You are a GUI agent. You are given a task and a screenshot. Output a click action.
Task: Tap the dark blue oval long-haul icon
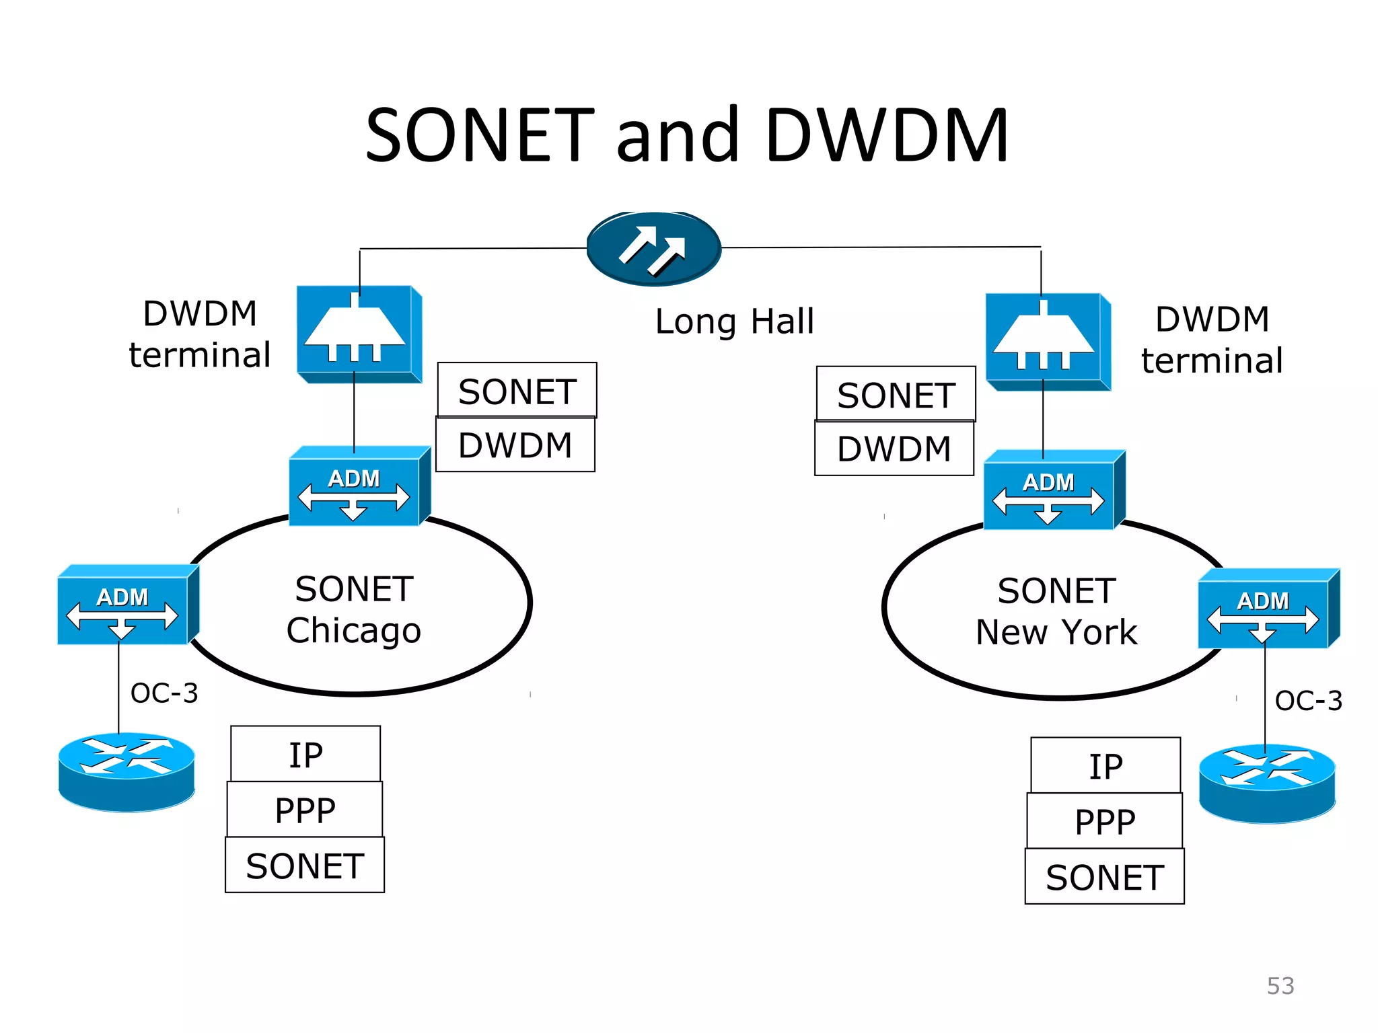coord(654,248)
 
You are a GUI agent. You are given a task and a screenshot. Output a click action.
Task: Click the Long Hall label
coord(734,321)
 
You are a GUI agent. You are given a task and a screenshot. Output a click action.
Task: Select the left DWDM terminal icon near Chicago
coord(359,334)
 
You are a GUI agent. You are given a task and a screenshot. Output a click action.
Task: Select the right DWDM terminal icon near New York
coord(1047,341)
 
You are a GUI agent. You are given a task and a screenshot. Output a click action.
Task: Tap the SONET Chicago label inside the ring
coord(354,609)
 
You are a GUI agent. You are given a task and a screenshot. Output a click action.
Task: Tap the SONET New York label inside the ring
coord(1056,611)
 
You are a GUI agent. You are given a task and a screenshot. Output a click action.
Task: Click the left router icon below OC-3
coord(126,771)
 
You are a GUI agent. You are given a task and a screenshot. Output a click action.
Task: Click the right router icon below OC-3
coord(1267,783)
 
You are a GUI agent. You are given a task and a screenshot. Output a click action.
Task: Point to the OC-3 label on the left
coord(164,693)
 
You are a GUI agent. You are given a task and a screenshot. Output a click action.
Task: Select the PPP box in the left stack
coord(305,810)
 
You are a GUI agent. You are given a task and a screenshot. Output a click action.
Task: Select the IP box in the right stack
coord(1105,766)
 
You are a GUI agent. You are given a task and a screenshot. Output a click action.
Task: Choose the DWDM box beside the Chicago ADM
coord(515,445)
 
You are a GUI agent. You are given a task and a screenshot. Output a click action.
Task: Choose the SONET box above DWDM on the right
coord(896,394)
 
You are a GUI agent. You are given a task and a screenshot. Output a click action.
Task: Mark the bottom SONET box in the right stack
coord(1104,877)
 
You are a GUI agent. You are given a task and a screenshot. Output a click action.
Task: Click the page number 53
coord(1280,986)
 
